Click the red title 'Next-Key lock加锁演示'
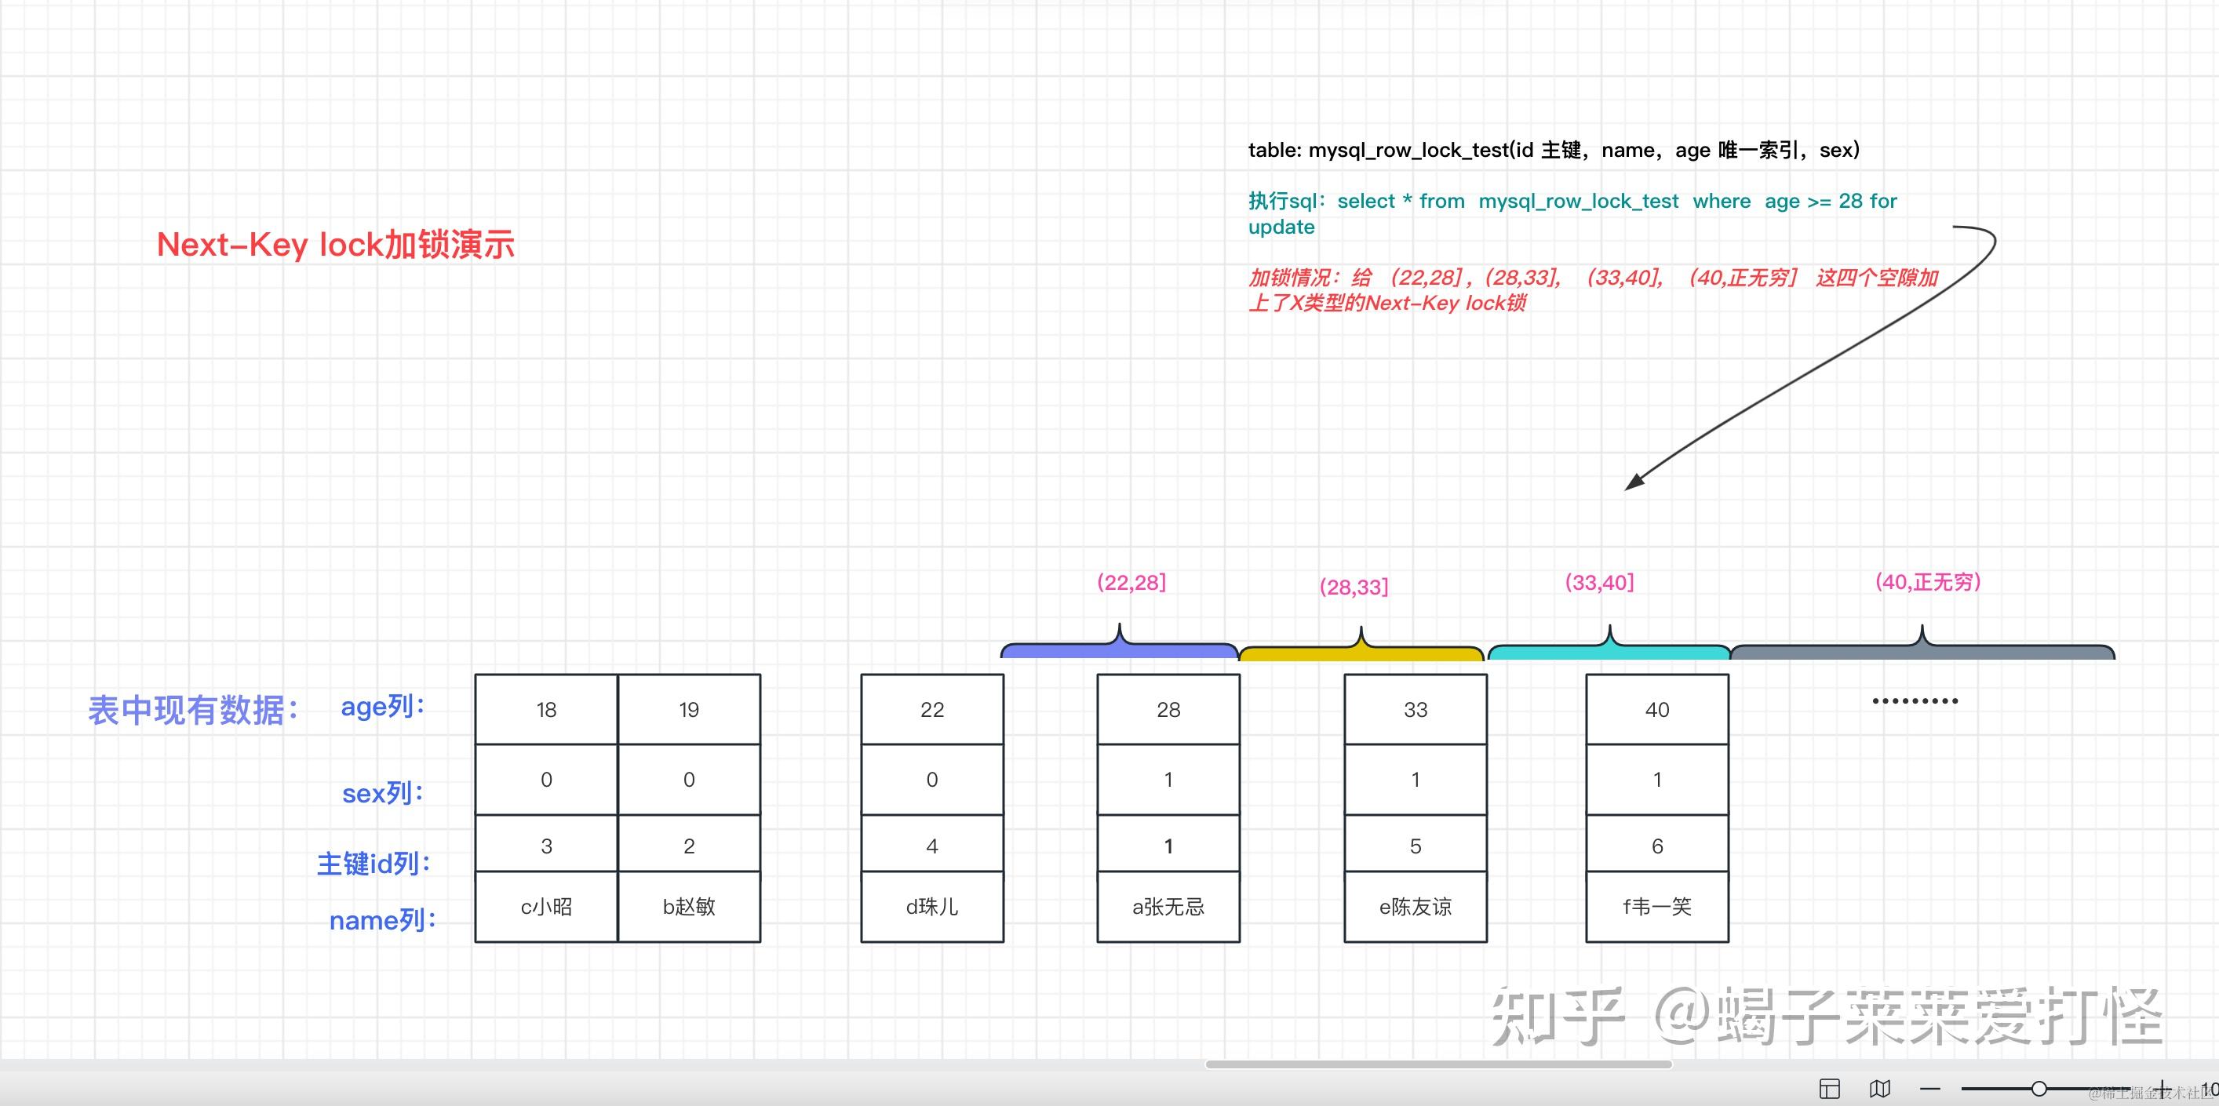tap(335, 246)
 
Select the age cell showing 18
tap(546, 710)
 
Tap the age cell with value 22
tap(932, 710)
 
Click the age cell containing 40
tap(1656, 710)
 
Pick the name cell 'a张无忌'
tap(1168, 906)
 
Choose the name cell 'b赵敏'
tap(688, 906)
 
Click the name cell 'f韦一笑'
tap(1656, 906)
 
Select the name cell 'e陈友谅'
tap(1416, 906)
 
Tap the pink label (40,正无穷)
tap(1928, 582)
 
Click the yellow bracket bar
tap(1361, 653)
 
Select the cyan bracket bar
tap(1609, 652)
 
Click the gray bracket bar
tap(1922, 652)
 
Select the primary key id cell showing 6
tap(1656, 846)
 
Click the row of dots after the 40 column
tap(1915, 701)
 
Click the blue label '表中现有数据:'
tap(194, 711)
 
